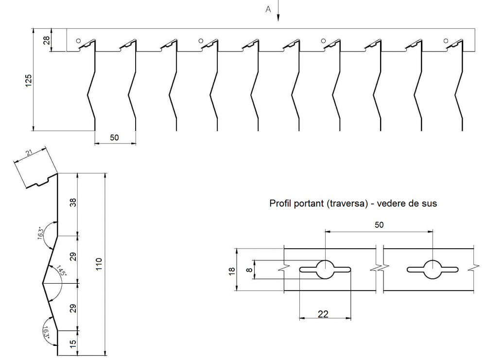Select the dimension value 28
(47, 40)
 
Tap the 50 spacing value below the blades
(114, 137)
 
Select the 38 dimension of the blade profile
(73, 203)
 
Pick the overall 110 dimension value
(99, 264)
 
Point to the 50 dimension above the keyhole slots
(380, 224)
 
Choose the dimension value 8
(249, 270)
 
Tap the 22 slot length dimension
(323, 314)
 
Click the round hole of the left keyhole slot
(325, 269)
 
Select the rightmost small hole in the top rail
(446, 41)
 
